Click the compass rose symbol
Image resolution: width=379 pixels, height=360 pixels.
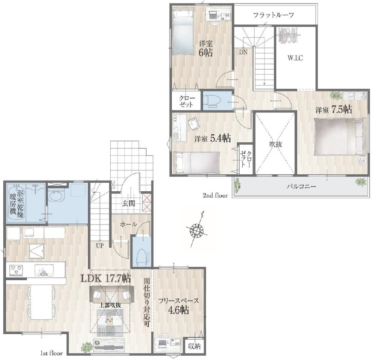pos(197,229)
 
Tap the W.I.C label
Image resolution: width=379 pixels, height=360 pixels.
pos(295,58)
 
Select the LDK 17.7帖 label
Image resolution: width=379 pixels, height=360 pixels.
pos(106,278)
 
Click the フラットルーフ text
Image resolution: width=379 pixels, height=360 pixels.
pos(273,15)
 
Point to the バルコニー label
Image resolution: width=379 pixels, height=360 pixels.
pos(301,187)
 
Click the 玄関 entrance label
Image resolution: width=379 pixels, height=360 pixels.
pos(128,203)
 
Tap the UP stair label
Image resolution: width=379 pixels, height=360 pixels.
pos(100,246)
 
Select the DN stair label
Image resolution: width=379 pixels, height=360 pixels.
pos(243,52)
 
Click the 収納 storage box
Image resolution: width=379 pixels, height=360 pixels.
pos(194,346)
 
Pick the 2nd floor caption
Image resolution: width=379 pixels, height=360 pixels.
pos(215,196)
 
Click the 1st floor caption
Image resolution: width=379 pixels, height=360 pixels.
pos(51,353)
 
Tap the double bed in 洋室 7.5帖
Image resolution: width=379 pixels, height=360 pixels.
pos(340,137)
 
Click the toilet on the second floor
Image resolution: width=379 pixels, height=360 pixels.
pos(213,100)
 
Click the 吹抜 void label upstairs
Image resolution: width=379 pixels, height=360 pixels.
pos(276,144)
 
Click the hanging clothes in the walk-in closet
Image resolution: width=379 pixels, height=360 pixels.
pos(288,35)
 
